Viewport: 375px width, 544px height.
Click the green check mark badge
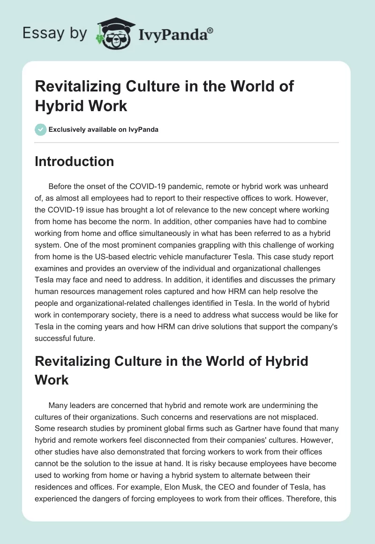[x=41, y=129]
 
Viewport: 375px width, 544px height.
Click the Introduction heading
[x=75, y=161]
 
